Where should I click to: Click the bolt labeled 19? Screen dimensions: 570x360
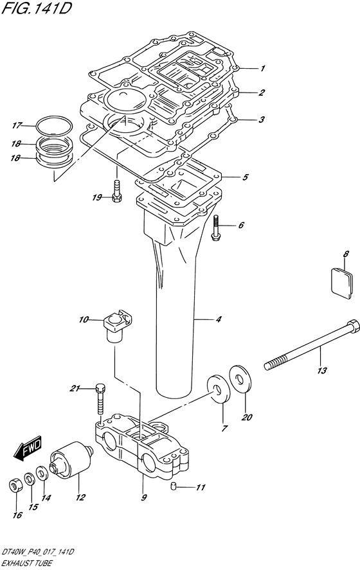(116, 192)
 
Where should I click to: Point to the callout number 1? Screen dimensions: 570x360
(262, 67)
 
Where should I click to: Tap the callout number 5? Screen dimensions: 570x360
(245, 176)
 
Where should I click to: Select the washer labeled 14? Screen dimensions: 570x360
(42, 474)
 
